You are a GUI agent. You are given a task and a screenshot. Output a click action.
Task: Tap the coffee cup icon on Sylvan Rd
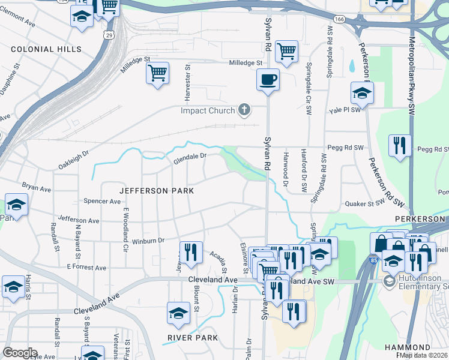coord(268,79)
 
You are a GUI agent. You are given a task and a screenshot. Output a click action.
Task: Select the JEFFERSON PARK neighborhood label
coord(157,190)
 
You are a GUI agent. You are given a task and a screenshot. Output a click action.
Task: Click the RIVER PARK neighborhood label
coord(190,338)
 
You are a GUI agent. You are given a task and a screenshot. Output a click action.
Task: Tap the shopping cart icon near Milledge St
coord(157,74)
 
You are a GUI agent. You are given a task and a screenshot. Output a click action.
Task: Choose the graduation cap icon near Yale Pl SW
coord(362,93)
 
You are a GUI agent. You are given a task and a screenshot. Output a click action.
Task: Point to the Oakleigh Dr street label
coord(74,155)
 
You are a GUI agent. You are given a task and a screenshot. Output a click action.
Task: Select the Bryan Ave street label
coord(37,187)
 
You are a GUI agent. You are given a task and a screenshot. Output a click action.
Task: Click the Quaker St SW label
coord(364,203)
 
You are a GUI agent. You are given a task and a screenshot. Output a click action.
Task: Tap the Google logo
coord(20,353)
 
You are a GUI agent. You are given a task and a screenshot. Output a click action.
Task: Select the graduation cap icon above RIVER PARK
coord(178,313)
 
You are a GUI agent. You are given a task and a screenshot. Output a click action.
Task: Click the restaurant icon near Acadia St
coord(191,251)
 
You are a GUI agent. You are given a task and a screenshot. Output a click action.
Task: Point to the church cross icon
coord(243,110)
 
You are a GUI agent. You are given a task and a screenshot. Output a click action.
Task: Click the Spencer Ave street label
coord(102,202)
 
